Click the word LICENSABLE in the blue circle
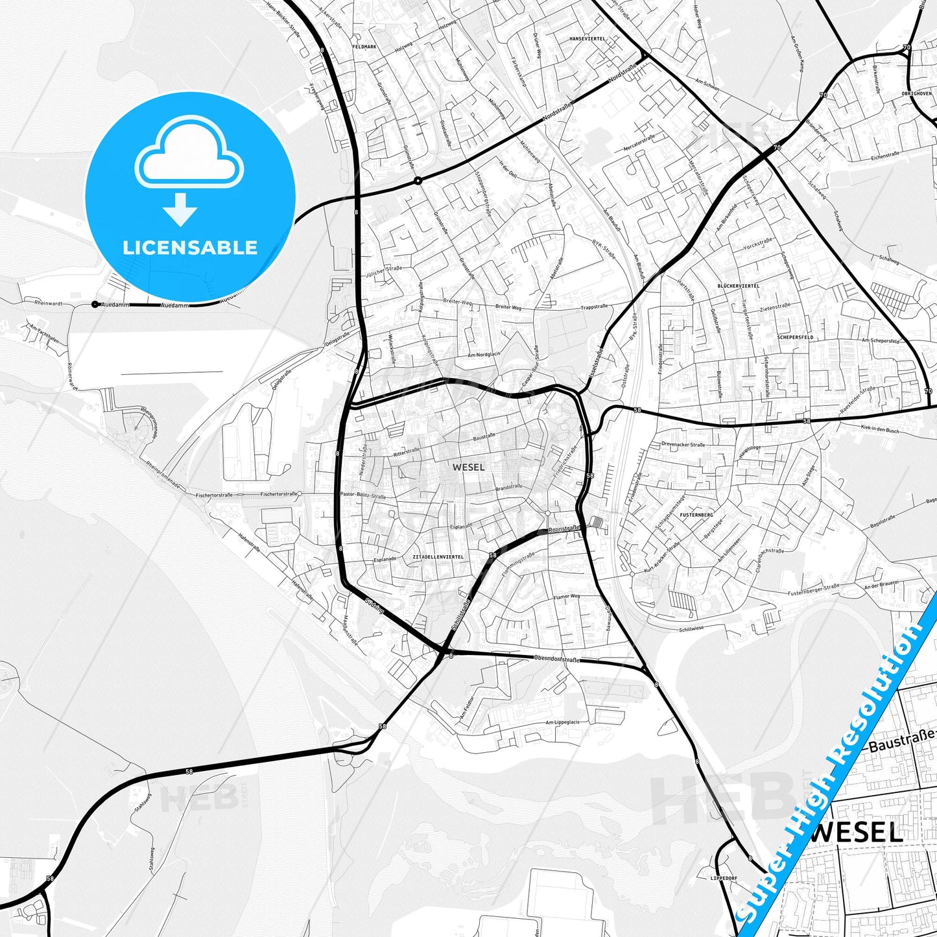pyautogui.click(x=190, y=248)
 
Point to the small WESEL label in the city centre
pyautogui.click(x=468, y=467)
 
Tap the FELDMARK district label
pyautogui.click(x=363, y=47)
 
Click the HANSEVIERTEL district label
pyautogui.click(x=587, y=39)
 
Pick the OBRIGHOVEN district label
pyautogui.click(x=916, y=93)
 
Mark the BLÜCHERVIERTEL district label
pyautogui.click(x=738, y=286)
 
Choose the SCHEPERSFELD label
pyautogui.click(x=795, y=338)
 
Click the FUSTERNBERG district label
pyautogui.click(x=697, y=515)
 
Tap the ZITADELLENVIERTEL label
pyautogui.click(x=438, y=557)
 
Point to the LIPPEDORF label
pyautogui.click(x=724, y=878)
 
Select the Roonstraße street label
pyautogui.click(x=563, y=528)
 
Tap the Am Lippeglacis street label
pyautogui.click(x=562, y=722)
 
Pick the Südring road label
pyautogui.click(x=374, y=607)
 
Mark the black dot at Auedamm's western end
pyautogui.click(x=95, y=304)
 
